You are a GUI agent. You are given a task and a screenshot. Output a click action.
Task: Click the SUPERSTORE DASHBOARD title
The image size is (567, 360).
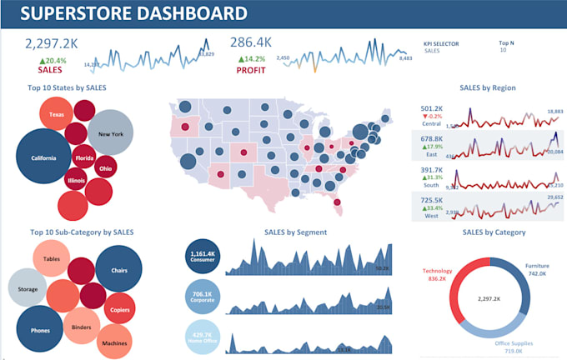point(133,14)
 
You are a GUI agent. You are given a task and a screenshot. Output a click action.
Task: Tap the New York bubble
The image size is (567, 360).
point(110,133)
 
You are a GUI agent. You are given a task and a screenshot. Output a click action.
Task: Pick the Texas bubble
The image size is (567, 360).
point(57,113)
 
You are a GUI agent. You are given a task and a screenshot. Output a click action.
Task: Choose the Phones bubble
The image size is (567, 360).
point(39,328)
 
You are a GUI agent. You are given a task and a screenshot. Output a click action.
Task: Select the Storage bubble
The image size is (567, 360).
point(28,290)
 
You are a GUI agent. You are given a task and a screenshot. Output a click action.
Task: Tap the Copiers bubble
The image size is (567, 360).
point(119,308)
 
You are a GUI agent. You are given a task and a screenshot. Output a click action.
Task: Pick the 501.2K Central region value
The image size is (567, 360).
point(431,108)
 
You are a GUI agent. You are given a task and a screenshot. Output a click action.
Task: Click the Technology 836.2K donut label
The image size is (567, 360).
point(437,275)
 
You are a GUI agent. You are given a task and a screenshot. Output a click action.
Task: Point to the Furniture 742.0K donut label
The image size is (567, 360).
point(537,269)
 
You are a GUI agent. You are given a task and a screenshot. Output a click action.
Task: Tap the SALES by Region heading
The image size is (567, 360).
point(488,87)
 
